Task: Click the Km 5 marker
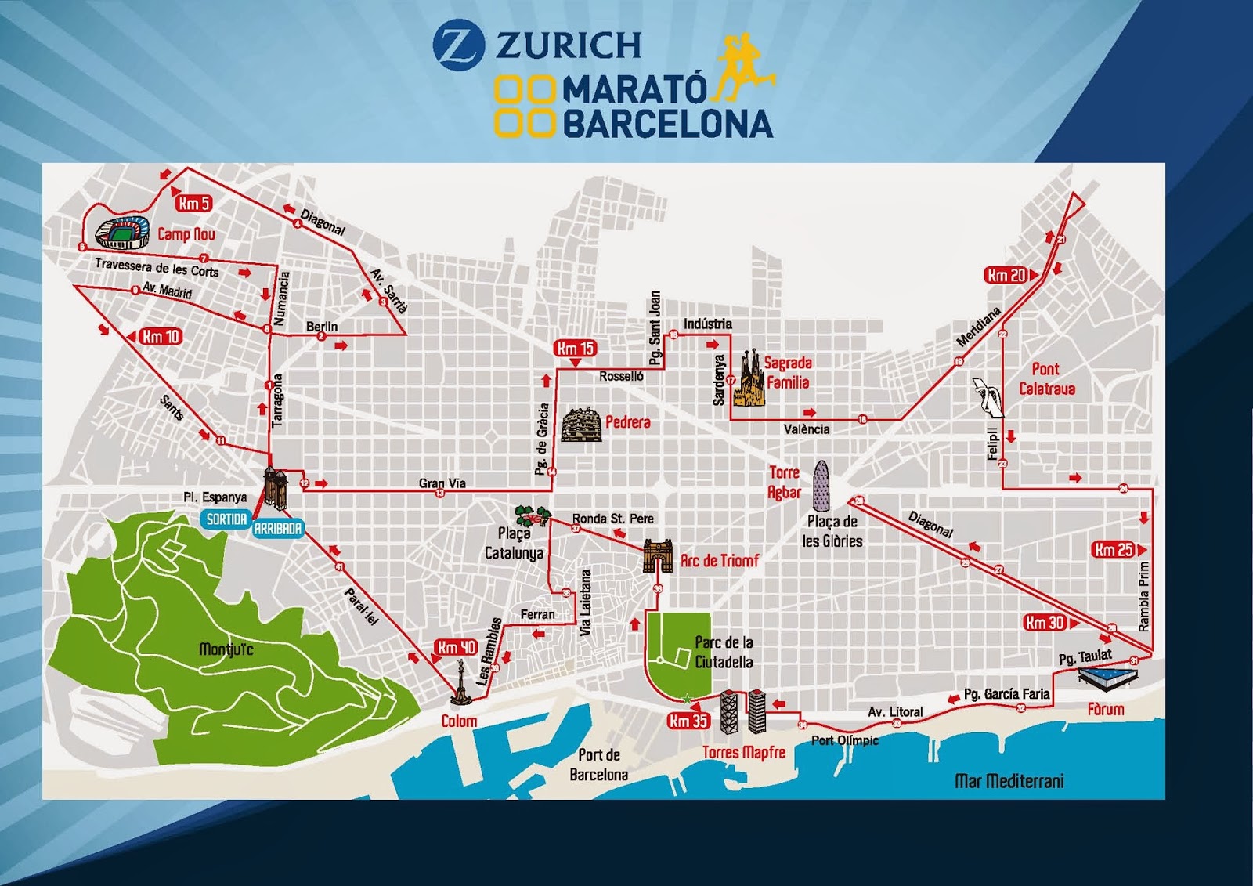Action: pyautogui.click(x=193, y=204)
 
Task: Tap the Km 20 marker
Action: pyautogui.click(x=1008, y=275)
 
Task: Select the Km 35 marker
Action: pyautogui.click(x=688, y=721)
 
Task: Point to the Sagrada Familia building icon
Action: pyautogui.click(x=749, y=379)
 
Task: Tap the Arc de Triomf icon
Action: pyautogui.click(x=658, y=555)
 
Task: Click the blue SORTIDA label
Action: pyautogui.click(x=226, y=519)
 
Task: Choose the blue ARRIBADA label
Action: pyautogui.click(x=278, y=529)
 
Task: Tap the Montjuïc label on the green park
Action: pyautogui.click(x=226, y=649)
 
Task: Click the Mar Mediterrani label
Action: pyautogui.click(x=1009, y=781)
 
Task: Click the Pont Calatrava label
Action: pyautogui.click(x=1047, y=378)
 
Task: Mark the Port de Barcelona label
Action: pyautogui.click(x=599, y=765)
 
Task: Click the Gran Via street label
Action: pyautogui.click(x=442, y=483)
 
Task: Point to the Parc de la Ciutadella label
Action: pyautogui.click(x=724, y=652)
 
